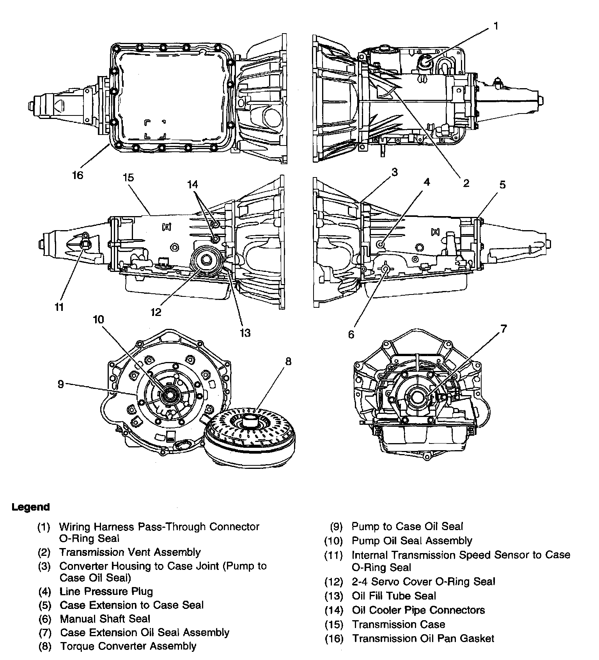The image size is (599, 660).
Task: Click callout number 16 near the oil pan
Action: coord(78,175)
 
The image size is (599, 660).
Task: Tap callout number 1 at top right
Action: coord(496,26)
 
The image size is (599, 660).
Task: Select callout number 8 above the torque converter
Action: coord(288,361)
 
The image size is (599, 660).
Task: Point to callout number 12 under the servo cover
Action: coord(156,312)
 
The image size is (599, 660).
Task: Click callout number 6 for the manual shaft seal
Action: coord(351,334)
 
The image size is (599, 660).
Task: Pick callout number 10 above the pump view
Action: coord(98,320)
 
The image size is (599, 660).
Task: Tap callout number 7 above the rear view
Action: coord(503,329)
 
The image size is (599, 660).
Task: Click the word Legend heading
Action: coord(31,507)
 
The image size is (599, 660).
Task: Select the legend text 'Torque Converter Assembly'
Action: coord(128,646)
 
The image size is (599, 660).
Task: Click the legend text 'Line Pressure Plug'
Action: coord(106,591)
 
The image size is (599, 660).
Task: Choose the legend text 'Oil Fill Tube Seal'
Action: coord(394,596)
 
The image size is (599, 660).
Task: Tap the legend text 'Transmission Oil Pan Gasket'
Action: coord(423,639)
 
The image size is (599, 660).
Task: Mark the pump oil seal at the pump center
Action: coord(170,394)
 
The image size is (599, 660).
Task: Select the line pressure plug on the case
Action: coord(381,244)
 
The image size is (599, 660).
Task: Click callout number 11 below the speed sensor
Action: coord(59,307)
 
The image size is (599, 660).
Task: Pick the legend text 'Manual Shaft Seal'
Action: coord(105,619)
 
